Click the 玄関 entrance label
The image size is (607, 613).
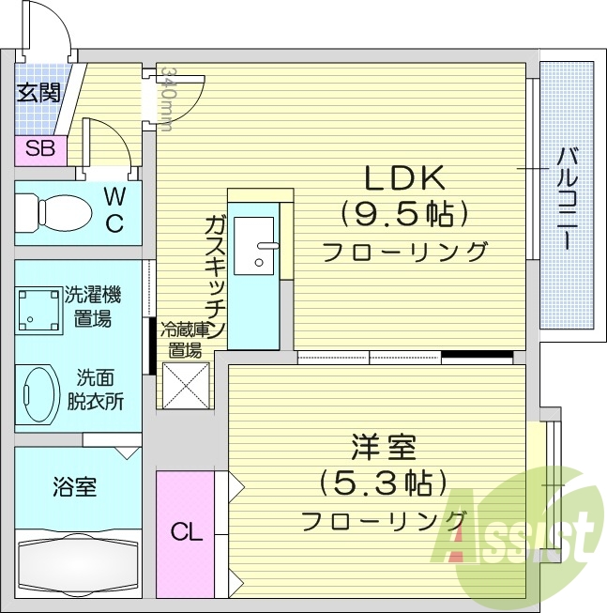(x=38, y=92)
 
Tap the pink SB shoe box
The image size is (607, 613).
(x=39, y=147)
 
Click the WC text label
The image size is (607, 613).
(x=114, y=209)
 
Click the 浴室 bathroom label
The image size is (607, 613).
(x=73, y=488)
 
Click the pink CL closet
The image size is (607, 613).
(x=186, y=532)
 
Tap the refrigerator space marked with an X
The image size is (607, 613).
(x=186, y=385)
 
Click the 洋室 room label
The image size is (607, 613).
(x=381, y=446)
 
